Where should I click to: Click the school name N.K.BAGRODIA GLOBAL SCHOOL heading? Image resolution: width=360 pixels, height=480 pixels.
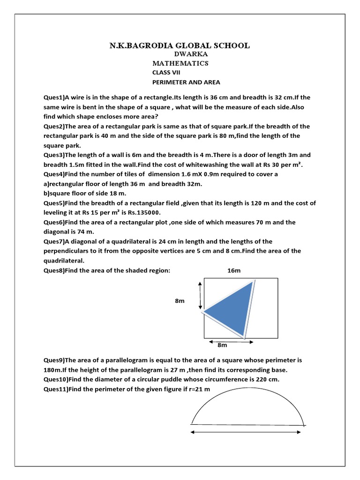click(x=180, y=45)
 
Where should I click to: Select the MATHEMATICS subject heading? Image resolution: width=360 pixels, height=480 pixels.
click(x=180, y=63)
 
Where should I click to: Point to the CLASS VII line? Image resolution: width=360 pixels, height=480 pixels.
click(x=166, y=73)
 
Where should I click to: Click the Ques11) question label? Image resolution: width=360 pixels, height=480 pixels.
click(x=56, y=389)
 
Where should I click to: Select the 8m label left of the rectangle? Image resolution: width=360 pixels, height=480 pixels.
click(x=180, y=301)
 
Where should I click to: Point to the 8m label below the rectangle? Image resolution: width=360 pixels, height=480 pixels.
click(x=222, y=345)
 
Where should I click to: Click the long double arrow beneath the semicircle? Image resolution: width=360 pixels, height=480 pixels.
click(x=245, y=433)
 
